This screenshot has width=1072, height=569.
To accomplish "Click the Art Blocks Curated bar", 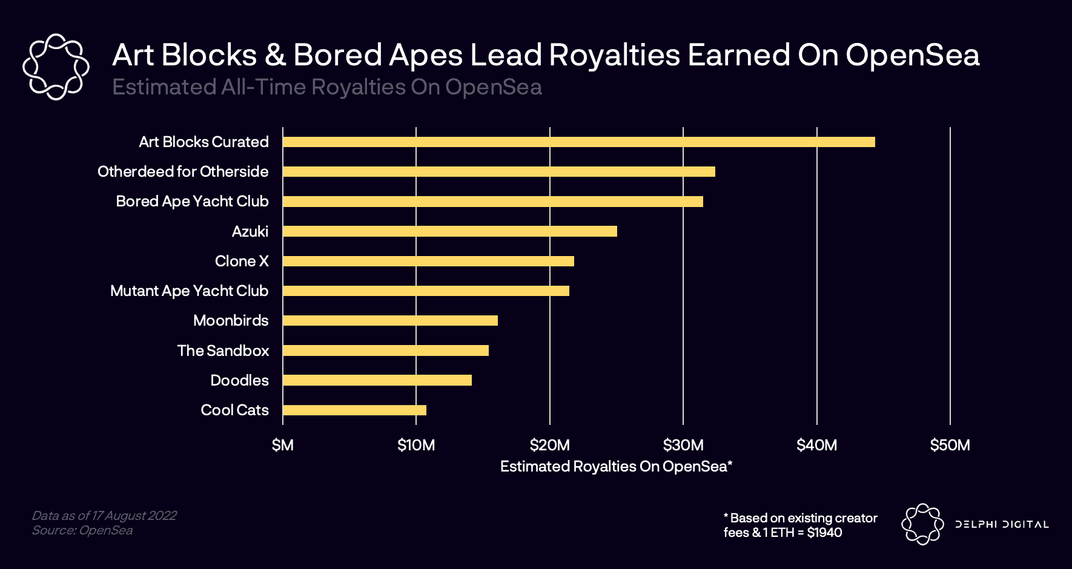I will [x=578, y=142].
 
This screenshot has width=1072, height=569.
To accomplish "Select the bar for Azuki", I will [x=449, y=231].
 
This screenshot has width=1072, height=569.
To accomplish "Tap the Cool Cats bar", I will [x=354, y=410].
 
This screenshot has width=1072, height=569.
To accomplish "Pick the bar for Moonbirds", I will [x=390, y=321].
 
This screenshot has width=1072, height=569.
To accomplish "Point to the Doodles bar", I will [x=377, y=380].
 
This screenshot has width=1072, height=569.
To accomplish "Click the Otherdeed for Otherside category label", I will [x=183, y=172].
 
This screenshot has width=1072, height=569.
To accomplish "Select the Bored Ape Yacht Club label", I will [x=192, y=202].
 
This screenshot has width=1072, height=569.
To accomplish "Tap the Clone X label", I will [x=242, y=261].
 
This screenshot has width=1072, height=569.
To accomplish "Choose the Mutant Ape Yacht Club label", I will [x=189, y=291].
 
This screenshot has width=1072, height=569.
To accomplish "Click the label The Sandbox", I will [x=223, y=350].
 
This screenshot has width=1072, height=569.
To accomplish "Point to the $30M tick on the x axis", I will [x=683, y=446].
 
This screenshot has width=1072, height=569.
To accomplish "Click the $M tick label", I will [x=282, y=446].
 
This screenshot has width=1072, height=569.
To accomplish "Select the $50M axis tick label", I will [x=950, y=446].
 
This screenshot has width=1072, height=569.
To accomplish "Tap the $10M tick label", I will [x=416, y=446].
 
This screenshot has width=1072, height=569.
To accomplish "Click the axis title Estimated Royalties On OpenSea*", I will [x=616, y=467].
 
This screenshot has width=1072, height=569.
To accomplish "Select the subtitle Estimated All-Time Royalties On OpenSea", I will [x=327, y=87].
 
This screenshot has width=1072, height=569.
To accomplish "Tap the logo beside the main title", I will [x=56, y=67].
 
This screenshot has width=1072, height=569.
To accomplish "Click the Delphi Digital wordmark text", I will [x=1002, y=524].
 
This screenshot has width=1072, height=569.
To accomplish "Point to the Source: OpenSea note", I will [x=82, y=530].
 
